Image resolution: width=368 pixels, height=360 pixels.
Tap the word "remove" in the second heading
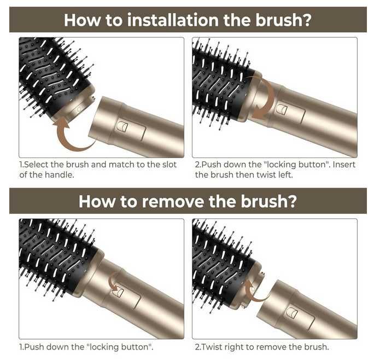point(173,201)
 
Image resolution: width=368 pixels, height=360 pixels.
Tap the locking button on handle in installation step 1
point(122,126)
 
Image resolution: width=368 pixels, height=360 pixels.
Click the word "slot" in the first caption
point(169,164)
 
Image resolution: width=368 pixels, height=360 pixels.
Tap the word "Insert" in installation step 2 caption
point(344,164)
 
